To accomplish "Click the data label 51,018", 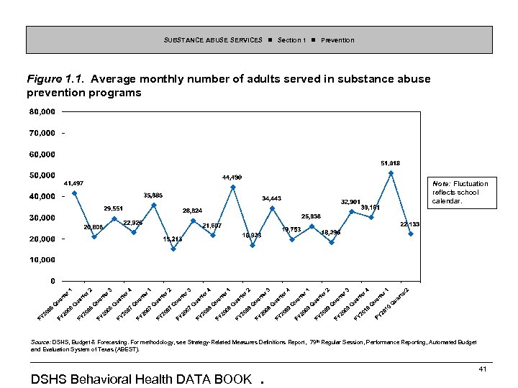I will pos(391,163).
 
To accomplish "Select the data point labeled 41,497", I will pos(75,193).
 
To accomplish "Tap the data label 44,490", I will pos(232,177).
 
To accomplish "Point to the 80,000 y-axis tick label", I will pos(42,112).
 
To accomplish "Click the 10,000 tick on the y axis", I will pos(42,259).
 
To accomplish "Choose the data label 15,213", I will pos(173,239).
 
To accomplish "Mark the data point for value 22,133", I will pos(411,234).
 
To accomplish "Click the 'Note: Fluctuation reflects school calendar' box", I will pos(460,193).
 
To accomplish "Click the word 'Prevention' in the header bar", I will pos(337,40).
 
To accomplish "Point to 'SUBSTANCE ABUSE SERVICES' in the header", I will pos(213,40).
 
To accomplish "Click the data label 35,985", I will pos(153,195).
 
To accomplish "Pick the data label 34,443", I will pos(271,198).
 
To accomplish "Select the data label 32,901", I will pos(350,201).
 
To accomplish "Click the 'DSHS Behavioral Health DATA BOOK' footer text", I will pos(142,379).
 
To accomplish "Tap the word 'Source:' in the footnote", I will pos(40,342).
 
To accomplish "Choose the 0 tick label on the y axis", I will pos(52,281).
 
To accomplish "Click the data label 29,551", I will pos(114,208).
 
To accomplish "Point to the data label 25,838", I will pos(311,216).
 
